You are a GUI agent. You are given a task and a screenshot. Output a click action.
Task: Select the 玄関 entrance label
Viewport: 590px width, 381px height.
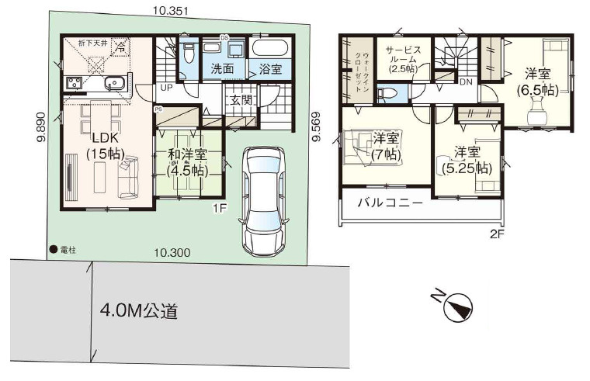(239, 99)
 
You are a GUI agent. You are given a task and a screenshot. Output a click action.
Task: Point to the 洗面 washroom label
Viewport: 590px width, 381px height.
(223, 69)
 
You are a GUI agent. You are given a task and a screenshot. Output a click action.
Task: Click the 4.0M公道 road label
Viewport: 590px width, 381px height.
(139, 312)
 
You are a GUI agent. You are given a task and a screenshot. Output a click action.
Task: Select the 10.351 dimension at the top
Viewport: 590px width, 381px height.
(170, 10)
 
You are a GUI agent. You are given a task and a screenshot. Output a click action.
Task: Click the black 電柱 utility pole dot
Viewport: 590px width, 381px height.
(53, 250)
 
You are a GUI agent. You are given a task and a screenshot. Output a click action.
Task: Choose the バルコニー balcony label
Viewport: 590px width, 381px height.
(390, 204)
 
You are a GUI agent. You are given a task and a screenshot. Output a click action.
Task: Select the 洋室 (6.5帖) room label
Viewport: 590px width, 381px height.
(537, 81)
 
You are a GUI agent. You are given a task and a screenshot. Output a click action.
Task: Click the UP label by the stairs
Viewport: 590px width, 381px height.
(166, 88)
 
